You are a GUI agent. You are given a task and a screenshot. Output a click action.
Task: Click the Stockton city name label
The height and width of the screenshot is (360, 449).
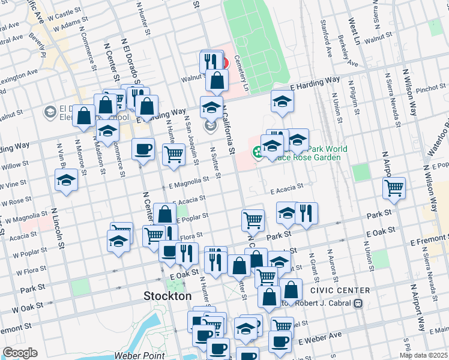point(167,296)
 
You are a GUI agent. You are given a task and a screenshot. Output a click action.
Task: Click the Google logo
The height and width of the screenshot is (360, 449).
point(20,353)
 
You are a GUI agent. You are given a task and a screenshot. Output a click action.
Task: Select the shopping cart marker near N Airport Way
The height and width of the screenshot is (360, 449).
point(394,188)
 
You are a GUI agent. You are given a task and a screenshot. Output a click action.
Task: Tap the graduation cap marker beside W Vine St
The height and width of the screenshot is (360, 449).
point(66,180)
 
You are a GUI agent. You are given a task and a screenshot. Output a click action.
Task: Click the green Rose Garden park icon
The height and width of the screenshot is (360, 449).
point(257,152)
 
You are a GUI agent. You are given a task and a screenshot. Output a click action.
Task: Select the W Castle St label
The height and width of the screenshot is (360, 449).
point(67,12)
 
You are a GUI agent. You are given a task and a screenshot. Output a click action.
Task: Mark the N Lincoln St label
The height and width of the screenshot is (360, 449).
point(58,229)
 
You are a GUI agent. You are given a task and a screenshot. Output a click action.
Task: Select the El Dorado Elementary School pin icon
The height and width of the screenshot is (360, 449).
point(50,112)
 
